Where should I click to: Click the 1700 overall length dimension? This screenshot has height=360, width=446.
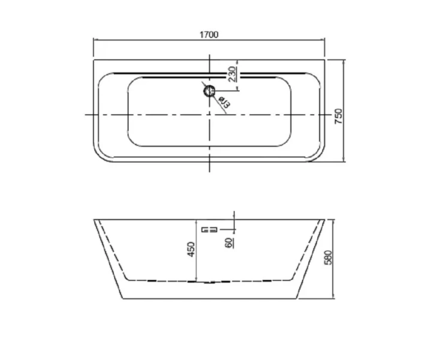[208, 34]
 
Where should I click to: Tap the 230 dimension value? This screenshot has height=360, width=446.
[231, 73]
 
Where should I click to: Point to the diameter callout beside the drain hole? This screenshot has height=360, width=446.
[222, 103]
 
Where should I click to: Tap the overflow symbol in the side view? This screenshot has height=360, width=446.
[209, 229]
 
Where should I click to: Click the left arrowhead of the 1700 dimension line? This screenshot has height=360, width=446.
[95, 41]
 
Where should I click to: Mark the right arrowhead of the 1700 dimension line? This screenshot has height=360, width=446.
[323, 41]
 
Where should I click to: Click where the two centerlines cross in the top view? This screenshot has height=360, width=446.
[209, 114]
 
